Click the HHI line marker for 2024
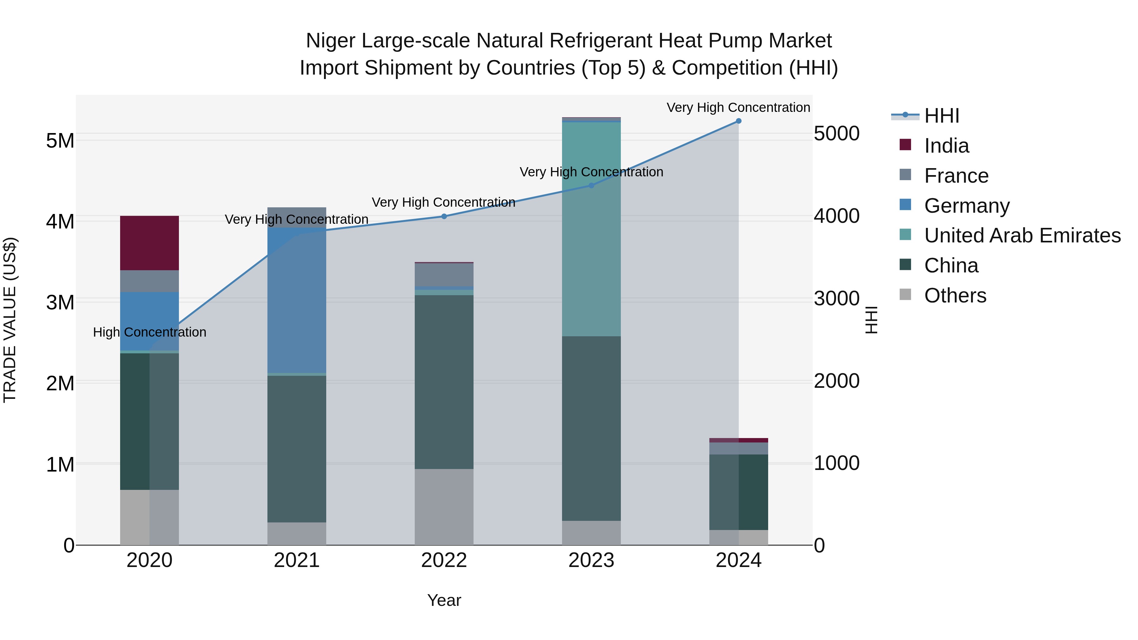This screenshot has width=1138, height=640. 738,121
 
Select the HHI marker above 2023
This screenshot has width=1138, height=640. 591,186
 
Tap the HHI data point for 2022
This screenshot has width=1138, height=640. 444,216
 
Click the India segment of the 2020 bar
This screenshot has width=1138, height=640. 149,243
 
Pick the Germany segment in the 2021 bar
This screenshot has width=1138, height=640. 297,300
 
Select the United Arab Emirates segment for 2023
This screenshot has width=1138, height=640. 591,230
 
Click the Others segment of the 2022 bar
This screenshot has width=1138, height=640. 444,507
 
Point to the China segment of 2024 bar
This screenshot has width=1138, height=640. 738,492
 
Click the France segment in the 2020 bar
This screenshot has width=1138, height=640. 149,281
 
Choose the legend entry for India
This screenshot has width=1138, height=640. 946,146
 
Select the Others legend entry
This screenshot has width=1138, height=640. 955,296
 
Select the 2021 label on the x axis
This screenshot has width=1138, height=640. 297,560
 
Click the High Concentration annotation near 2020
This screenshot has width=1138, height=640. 149,332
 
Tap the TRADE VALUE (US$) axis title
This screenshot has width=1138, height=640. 10,320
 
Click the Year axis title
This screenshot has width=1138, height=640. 444,600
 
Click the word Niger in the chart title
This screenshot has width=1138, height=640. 331,41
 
